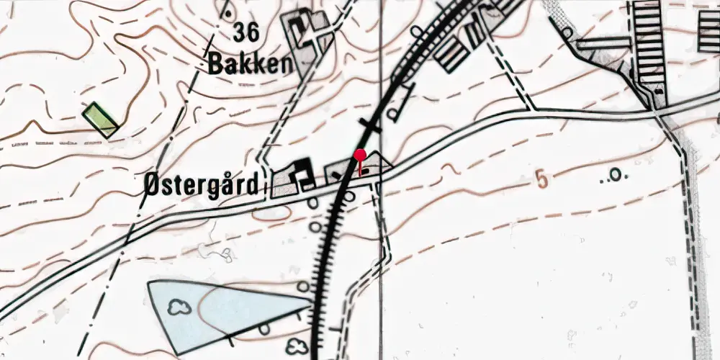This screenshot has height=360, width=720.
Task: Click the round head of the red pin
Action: pyautogui.click(x=360, y=154)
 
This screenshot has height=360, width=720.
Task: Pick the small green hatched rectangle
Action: pyautogui.click(x=100, y=120)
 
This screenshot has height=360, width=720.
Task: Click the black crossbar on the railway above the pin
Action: pyautogui.click(x=370, y=127)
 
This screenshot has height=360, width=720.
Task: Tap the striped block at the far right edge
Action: pyautogui.click(x=708, y=32)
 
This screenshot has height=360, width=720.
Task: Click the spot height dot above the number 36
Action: pyautogui.click(x=228, y=12)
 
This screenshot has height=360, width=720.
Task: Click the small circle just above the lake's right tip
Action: pyautogui.click(x=303, y=287)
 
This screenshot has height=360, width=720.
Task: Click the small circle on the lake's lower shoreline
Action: pyautogui.click(x=264, y=328)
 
